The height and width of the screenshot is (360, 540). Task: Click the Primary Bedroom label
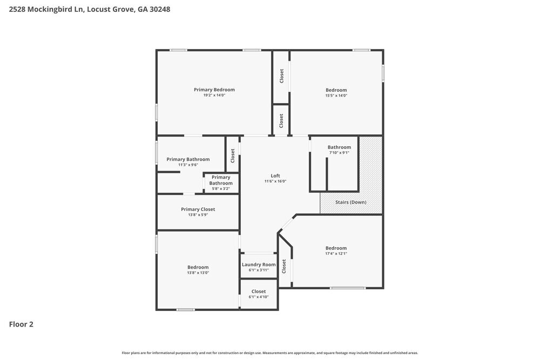[214, 90]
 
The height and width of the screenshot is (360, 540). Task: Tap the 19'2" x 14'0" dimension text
[214, 96]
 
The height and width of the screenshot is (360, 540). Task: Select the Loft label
[275, 175]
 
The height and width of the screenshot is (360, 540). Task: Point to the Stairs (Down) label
[351, 202]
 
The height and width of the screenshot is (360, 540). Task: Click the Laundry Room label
[259, 264]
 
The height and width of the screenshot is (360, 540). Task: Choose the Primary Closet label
[198, 209]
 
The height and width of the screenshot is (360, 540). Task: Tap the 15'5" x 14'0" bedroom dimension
[336, 96]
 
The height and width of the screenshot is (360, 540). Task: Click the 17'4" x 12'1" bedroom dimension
[336, 254]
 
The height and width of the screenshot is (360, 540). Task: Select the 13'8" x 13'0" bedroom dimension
[198, 273]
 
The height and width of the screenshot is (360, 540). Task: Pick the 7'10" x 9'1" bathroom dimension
[339, 153]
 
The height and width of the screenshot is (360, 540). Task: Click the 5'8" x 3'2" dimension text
[221, 189]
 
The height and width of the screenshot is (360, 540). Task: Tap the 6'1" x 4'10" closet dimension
[259, 297]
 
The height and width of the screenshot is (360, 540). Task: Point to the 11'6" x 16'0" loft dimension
[275, 181]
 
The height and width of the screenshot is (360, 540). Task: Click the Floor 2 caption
[21, 324]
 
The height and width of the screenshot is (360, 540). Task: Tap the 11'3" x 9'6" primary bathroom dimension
[188, 165]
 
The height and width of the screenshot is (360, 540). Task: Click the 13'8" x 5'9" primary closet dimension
[198, 215]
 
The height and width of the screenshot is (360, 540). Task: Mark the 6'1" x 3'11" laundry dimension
[259, 270]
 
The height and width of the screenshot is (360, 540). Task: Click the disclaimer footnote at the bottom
[270, 353]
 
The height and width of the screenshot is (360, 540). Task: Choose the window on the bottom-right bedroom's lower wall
[348, 288]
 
